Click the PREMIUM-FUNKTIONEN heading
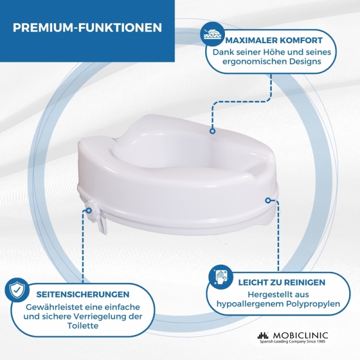pos(87,27)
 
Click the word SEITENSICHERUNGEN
pos(83,294)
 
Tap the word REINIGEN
pos(305,283)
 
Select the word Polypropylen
pos(313,305)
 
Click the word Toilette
pos(83,325)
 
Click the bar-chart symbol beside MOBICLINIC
pos(263,336)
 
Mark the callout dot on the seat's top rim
pos(212,131)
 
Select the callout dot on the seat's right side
pos(268,200)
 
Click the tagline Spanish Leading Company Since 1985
pos(293,342)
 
